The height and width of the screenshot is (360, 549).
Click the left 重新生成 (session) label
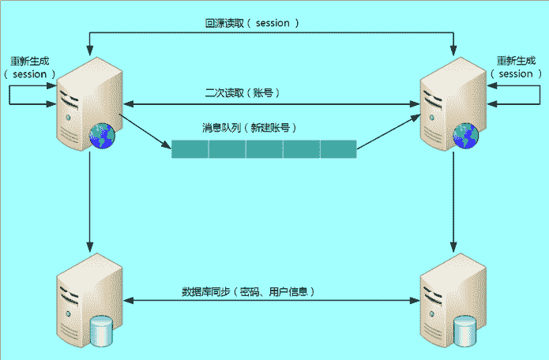32,67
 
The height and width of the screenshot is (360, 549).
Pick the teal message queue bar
264,148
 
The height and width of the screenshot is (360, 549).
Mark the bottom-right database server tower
447,298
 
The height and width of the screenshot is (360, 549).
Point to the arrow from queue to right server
387,132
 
